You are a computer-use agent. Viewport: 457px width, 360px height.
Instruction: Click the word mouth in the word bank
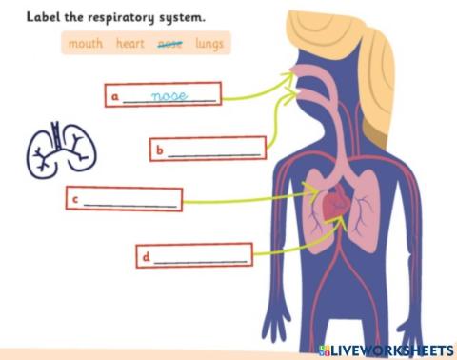click(x=86, y=43)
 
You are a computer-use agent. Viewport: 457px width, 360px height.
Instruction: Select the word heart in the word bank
click(x=130, y=43)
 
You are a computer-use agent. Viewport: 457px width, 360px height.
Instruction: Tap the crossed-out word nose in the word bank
click(x=169, y=43)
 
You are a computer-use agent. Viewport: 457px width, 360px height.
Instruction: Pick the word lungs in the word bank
click(x=209, y=43)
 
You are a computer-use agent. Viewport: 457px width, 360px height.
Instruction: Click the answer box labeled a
click(x=163, y=95)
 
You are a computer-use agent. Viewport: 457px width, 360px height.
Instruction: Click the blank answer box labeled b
click(x=208, y=150)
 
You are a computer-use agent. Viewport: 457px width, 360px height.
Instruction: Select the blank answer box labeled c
click(x=123, y=200)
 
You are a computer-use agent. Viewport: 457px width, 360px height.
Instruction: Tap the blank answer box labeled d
click(x=195, y=256)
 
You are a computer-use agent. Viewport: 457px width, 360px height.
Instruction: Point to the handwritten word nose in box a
click(x=170, y=95)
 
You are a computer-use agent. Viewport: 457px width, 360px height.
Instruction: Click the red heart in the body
click(x=335, y=206)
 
